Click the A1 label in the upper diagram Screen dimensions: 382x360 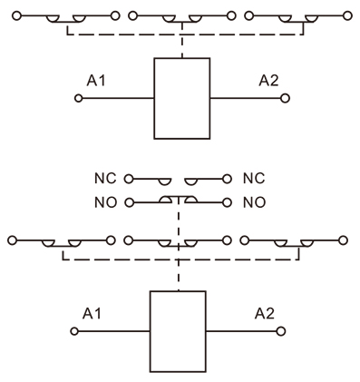tap(96, 81)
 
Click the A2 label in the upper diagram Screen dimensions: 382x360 tap(269, 81)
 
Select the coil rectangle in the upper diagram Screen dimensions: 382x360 tap(181, 98)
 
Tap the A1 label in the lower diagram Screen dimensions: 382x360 tap(92, 313)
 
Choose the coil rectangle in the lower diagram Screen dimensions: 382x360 tap(178, 330)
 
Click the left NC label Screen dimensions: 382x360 tap(106, 180)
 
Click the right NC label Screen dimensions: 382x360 tap(254, 180)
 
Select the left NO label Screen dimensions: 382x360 tap(106, 201)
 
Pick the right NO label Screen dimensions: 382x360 tap(254, 201)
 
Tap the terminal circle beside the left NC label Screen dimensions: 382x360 tap(129, 180)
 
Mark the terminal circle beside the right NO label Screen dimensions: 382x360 tap(231, 201)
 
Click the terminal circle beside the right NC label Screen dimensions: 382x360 tap(231, 180)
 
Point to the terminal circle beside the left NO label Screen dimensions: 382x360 tap(129, 201)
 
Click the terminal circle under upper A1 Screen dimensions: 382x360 tap(79, 98)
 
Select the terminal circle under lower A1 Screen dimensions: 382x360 tap(75, 330)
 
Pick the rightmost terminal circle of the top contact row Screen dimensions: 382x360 tap(347, 16)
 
